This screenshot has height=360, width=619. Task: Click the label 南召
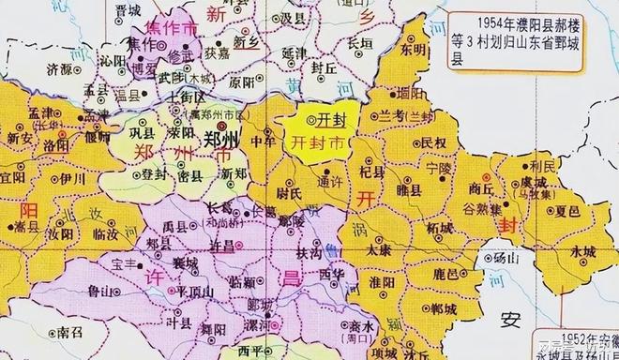coord(71,331)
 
